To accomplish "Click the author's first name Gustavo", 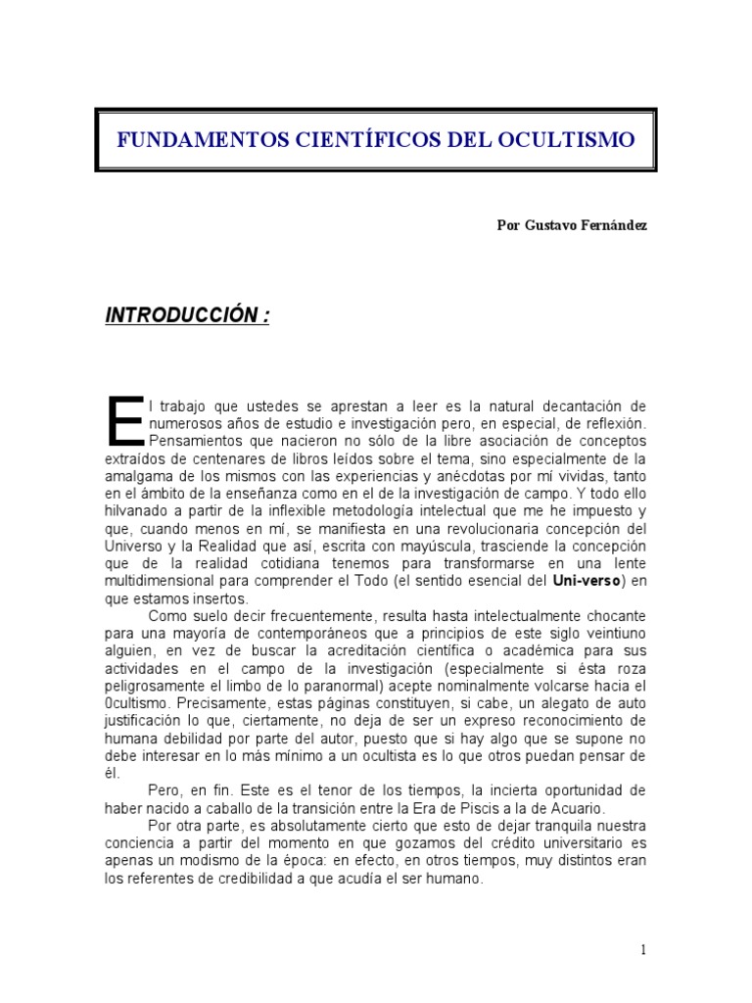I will tap(552, 224).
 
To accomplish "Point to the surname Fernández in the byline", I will tap(615, 224).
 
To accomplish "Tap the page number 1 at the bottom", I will tap(643, 949).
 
